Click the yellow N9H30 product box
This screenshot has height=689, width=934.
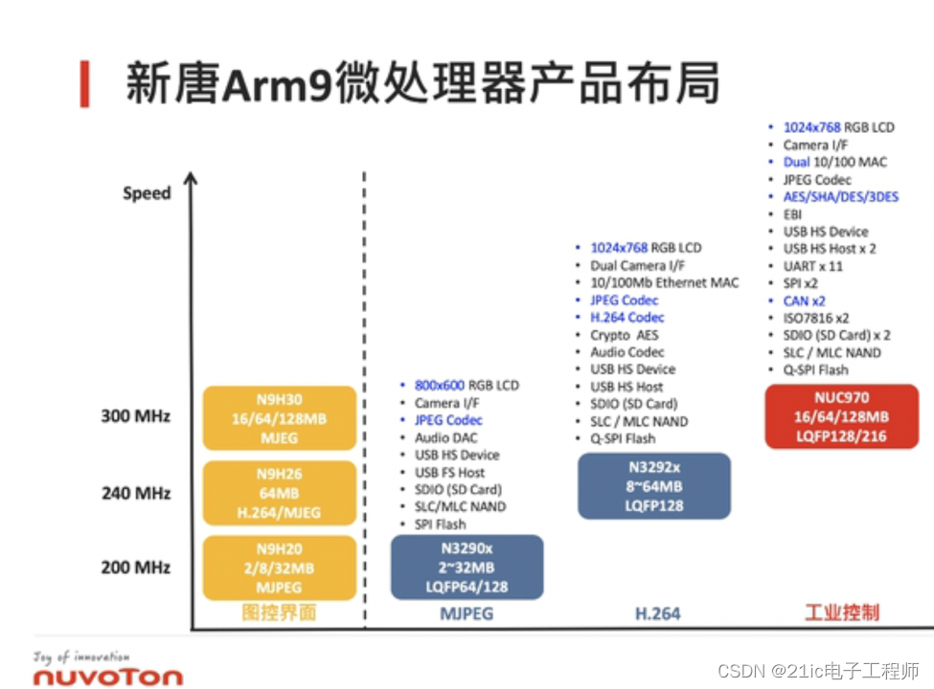pos(279,417)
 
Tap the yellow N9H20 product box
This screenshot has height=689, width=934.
pos(279,567)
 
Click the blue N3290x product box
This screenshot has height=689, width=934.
pos(467,567)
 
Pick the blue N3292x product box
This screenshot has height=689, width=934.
pos(654,486)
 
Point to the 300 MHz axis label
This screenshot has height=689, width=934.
pos(136,416)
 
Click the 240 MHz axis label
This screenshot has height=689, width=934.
pos(136,493)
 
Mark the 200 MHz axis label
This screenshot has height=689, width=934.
pos(136,567)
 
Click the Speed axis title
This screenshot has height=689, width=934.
pos(147,193)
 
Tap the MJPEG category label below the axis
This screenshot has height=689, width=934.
pos(467,612)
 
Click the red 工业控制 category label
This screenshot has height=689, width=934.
pos(842,612)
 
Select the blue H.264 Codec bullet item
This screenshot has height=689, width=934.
pos(627,318)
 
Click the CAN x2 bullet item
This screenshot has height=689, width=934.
pos(804,300)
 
